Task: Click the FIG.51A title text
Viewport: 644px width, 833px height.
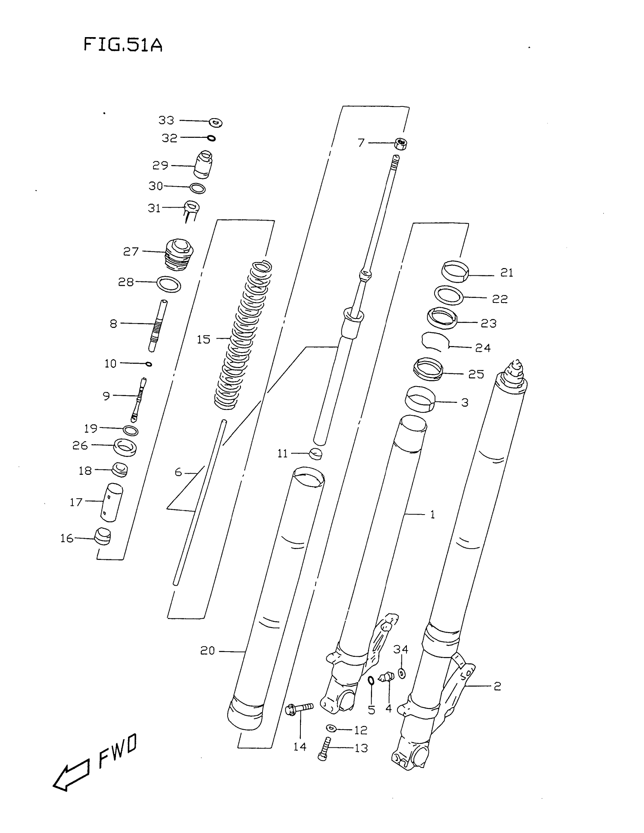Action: [x=123, y=45]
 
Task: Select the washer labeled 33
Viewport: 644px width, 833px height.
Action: [x=216, y=122]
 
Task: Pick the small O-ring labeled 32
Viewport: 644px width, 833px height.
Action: [x=211, y=139]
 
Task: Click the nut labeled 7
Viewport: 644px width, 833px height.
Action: [x=400, y=144]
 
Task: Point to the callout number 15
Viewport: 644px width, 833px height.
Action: [x=203, y=339]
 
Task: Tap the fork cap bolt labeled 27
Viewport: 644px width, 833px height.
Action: [x=178, y=254]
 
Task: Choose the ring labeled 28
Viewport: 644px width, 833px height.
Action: [x=169, y=284]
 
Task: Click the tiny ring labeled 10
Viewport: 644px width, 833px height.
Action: [x=149, y=364]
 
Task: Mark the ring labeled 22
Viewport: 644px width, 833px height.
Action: [x=449, y=295]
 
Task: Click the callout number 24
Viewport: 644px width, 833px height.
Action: [x=483, y=348]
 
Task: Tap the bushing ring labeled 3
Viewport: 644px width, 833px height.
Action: [x=420, y=399]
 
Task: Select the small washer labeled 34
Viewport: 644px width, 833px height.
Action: [x=402, y=674]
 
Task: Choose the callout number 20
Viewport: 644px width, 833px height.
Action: [x=208, y=650]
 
